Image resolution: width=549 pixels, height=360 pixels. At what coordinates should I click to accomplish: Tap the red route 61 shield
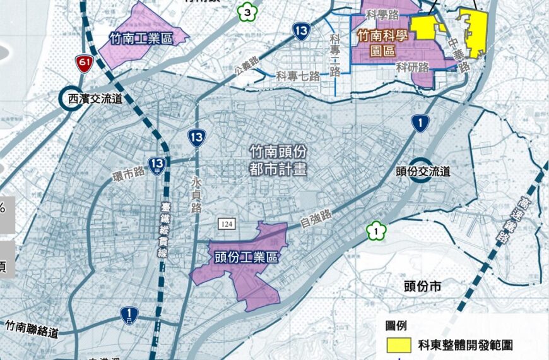tap(83, 62)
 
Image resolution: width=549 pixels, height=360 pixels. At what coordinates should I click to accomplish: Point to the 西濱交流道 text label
tap(104, 99)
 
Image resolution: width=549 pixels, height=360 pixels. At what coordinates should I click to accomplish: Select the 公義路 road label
tap(246, 63)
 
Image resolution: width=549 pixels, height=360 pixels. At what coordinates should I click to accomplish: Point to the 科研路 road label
tap(413, 66)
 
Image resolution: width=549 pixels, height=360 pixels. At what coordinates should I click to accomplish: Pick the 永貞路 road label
tap(195, 191)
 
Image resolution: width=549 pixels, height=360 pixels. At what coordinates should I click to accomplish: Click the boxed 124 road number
tap(227, 224)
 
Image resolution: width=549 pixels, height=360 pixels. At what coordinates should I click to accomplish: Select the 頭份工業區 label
tap(246, 258)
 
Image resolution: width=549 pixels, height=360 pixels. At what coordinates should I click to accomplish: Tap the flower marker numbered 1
tap(376, 232)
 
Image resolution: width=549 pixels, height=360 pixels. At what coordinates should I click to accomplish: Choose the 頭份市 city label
tap(427, 286)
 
